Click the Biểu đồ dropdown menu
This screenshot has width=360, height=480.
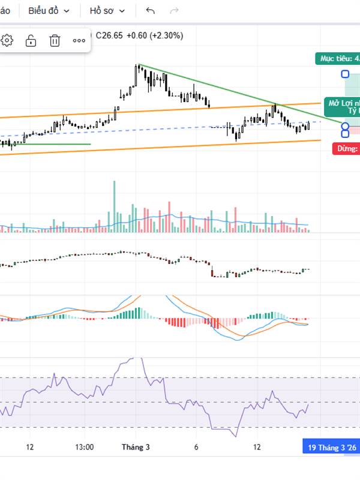(x=49, y=11)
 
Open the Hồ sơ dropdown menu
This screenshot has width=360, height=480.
(x=107, y=11)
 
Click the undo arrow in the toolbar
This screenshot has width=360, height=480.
(x=151, y=11)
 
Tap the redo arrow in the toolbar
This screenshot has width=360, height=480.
(x=175, y=11)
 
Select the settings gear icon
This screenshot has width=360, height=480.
(x=7, y=40)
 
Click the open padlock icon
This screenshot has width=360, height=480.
(x=31, y=40)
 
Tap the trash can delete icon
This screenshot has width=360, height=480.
(x=55, y=40)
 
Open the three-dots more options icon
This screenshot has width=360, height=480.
(x=79, y=40)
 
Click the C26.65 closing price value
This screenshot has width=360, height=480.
(x=109, y=35)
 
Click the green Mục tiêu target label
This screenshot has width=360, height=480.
(x=338, y=58)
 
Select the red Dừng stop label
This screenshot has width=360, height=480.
(x=346, y=149)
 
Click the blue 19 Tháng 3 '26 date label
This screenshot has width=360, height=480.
(x=332, y=448)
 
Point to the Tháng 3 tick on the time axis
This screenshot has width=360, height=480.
(x=136, y=447)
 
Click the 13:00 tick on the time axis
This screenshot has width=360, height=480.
(x=85, y=447)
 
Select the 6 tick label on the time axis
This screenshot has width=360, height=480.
(x=196, y=447)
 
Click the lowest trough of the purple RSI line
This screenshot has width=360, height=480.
(x=236, y=434)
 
